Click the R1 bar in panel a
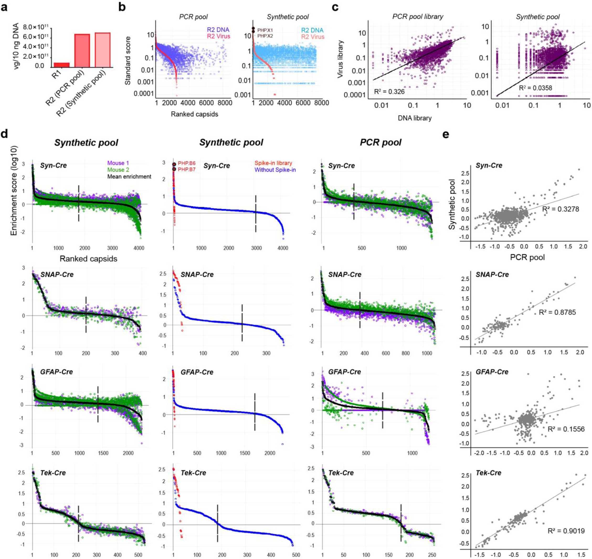click(61, 65)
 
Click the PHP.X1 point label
click(265, 30)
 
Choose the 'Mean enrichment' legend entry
click(129, 176)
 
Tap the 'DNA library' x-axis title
click(414, 118)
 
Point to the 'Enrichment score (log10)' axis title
click(14, 191)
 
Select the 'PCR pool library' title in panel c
click(418, 17)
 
